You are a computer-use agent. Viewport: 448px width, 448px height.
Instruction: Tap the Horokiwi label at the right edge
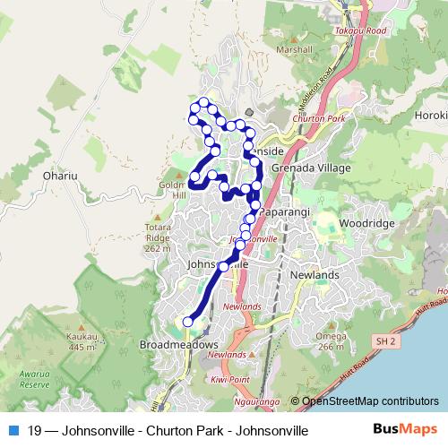(430, 116)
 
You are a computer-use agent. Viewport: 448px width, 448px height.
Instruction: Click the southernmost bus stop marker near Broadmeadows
(188, 322)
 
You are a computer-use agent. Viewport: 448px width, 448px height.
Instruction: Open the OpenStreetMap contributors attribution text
(370, 401)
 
